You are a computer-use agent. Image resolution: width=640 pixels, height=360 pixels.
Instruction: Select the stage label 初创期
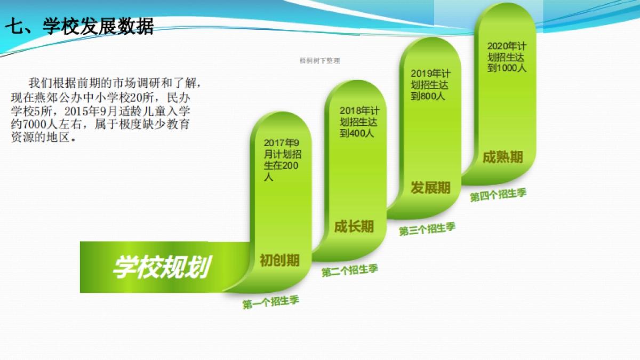279,260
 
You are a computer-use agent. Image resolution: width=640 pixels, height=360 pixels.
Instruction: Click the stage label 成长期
354,227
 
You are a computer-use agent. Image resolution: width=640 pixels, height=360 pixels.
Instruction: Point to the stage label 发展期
430,188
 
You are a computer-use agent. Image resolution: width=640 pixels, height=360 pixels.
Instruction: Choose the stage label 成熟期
502,157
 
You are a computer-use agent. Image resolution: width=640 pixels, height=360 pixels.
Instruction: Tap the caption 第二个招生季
349,270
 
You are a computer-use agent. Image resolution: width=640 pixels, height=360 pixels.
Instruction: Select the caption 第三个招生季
427,229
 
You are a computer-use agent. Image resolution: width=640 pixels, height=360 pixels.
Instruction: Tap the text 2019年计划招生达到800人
430,85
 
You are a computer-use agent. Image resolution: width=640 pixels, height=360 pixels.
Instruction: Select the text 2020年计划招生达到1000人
507,57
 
